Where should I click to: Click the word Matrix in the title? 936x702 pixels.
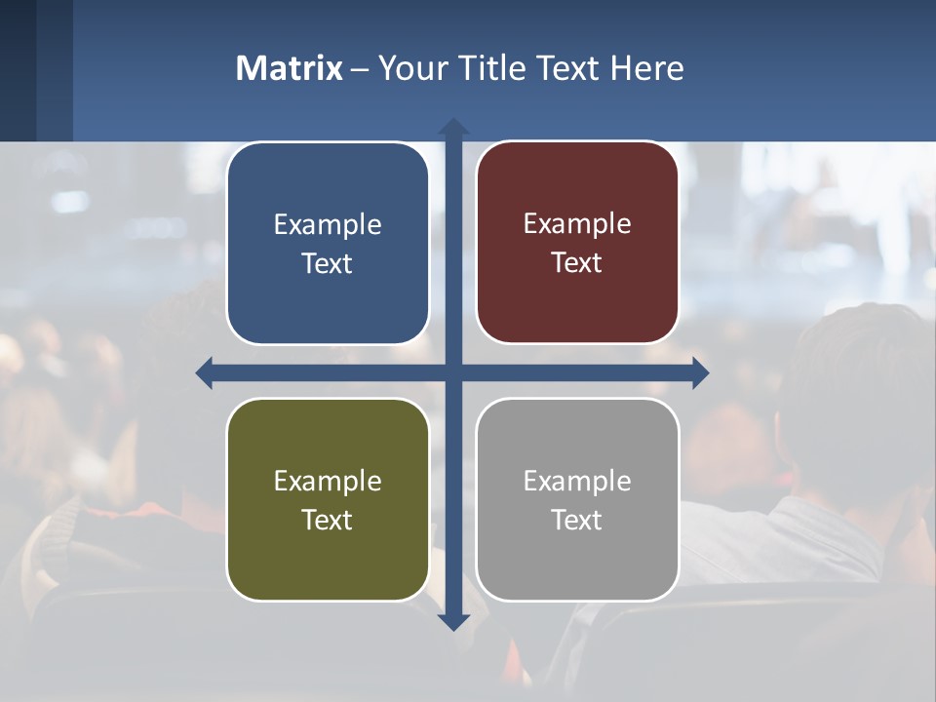pos(290,68)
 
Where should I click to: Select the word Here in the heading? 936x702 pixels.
pos(647,68)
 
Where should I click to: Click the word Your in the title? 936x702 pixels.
pos(411,68)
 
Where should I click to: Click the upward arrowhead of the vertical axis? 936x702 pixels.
pos(453,126)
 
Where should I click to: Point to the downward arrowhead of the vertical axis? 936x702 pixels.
pos(453,622)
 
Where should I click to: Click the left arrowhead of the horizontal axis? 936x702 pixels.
pos(205,372)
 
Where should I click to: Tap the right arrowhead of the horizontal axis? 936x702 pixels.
pos(700,372)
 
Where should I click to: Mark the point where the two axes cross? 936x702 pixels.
pos(453,372)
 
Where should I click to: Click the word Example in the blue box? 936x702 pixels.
pos(328,224)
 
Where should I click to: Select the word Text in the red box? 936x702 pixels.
pos(577,263)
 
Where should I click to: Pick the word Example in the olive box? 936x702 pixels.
pos(328,481)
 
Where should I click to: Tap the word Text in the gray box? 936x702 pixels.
pos(577,520)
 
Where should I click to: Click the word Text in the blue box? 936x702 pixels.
pos(328,264)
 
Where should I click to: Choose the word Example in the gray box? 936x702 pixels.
pos(577,481)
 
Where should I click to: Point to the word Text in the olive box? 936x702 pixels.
pos(328,520)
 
